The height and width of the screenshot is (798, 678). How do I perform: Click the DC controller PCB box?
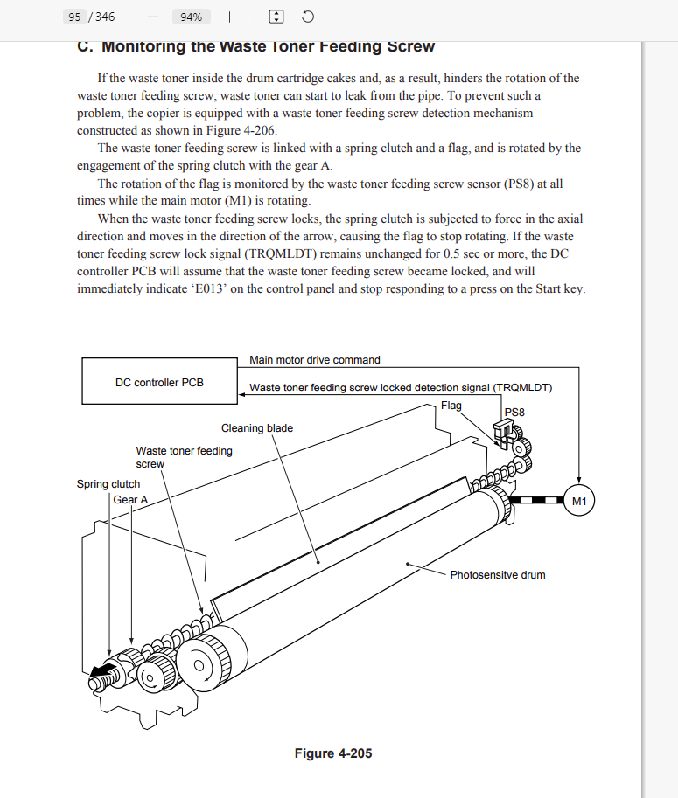pos(159,383)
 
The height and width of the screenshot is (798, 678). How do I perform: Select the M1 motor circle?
pos(579,501)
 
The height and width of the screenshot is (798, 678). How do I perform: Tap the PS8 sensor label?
pos(514,411)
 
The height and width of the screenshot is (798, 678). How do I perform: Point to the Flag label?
pos(451,406)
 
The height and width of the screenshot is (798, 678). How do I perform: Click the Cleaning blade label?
pos(257,428)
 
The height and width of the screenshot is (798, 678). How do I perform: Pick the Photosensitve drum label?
pos(498,575)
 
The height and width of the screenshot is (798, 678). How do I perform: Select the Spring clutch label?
pos(108,484)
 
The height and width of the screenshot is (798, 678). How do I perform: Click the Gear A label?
pos(130,500)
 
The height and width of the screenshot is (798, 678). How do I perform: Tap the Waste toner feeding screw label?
pos(184,457)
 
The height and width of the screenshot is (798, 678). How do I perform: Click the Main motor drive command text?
pos(315,359)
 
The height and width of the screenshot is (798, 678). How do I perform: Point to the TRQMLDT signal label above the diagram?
pos(401,387)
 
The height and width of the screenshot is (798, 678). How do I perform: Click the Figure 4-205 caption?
pos(333,753)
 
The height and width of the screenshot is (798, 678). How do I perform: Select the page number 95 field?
pos(74,17)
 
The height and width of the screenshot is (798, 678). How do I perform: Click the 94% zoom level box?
pos(191,17)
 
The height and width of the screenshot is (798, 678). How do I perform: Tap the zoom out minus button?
pos(153,17)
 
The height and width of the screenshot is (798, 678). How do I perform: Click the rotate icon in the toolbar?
pos(307,17)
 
